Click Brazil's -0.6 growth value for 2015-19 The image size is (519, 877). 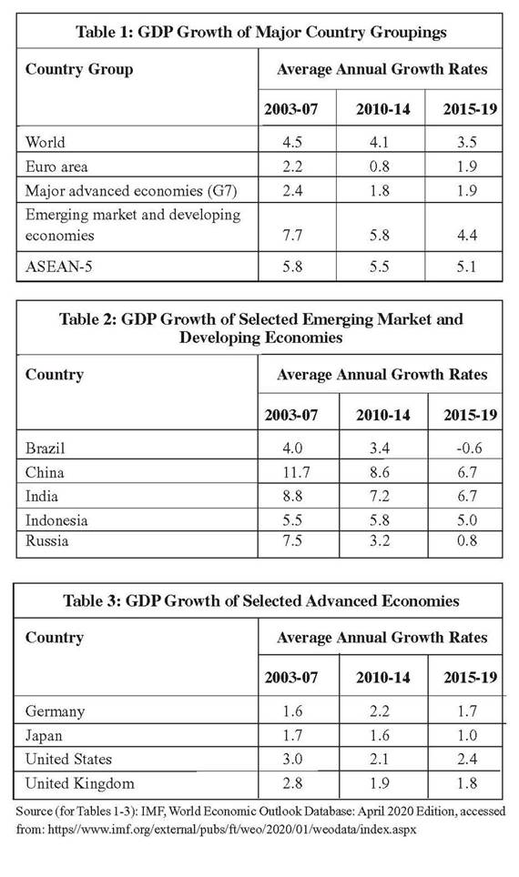click(466, 448)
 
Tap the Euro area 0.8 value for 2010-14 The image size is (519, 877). click(379, 166)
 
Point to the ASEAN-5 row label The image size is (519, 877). click(59, 266)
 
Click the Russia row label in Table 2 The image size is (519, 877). click(47, 541)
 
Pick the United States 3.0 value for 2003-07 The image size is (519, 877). click(292, 759)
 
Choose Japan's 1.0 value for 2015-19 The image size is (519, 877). click(466, 735)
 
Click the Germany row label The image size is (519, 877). click(55, 711)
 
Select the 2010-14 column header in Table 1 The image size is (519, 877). click(383, 108)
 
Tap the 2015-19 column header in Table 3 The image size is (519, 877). click(471, 678)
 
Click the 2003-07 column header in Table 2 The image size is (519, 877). click(291, 415)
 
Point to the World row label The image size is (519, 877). click(45, 142)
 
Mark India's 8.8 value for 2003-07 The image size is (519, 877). click(291, 496)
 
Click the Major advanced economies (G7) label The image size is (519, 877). click(131, 191)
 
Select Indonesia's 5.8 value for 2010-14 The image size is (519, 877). click(379, 520)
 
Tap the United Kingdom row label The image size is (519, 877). click(79, 783)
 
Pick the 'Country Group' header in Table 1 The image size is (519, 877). click(79, 69)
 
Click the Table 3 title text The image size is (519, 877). click(261, 600)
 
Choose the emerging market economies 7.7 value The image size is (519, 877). click(291, 235)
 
